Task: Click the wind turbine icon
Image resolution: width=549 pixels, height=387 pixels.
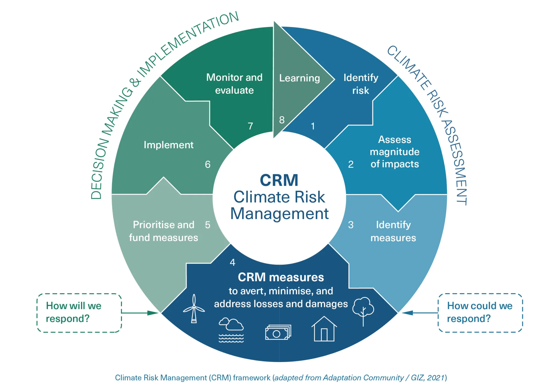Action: point(194,309)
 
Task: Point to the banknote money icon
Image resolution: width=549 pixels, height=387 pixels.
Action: point(278,332)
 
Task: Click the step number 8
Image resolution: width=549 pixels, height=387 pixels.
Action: point(282,120)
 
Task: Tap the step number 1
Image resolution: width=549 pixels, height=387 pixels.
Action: point(313,126)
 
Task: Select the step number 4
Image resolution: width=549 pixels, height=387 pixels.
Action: point(233,263)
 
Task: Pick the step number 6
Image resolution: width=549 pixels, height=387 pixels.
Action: point(208,164)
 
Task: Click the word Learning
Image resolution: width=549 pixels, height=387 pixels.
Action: point(299,78)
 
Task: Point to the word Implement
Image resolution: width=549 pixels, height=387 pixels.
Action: point(169,145)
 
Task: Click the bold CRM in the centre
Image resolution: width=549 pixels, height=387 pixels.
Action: point(279,180)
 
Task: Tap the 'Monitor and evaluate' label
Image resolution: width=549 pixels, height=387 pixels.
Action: point(234,84)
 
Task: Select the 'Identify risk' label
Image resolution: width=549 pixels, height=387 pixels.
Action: point(361,84)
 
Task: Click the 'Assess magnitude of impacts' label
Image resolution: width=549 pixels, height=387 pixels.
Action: point(395,152)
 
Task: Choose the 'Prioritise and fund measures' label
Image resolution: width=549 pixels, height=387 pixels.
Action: point(164,231)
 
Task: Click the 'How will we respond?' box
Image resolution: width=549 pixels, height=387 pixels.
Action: point(79,313)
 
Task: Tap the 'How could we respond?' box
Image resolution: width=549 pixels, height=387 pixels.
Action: point(480,313)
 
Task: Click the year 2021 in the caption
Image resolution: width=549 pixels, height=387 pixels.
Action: point(436,378)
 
